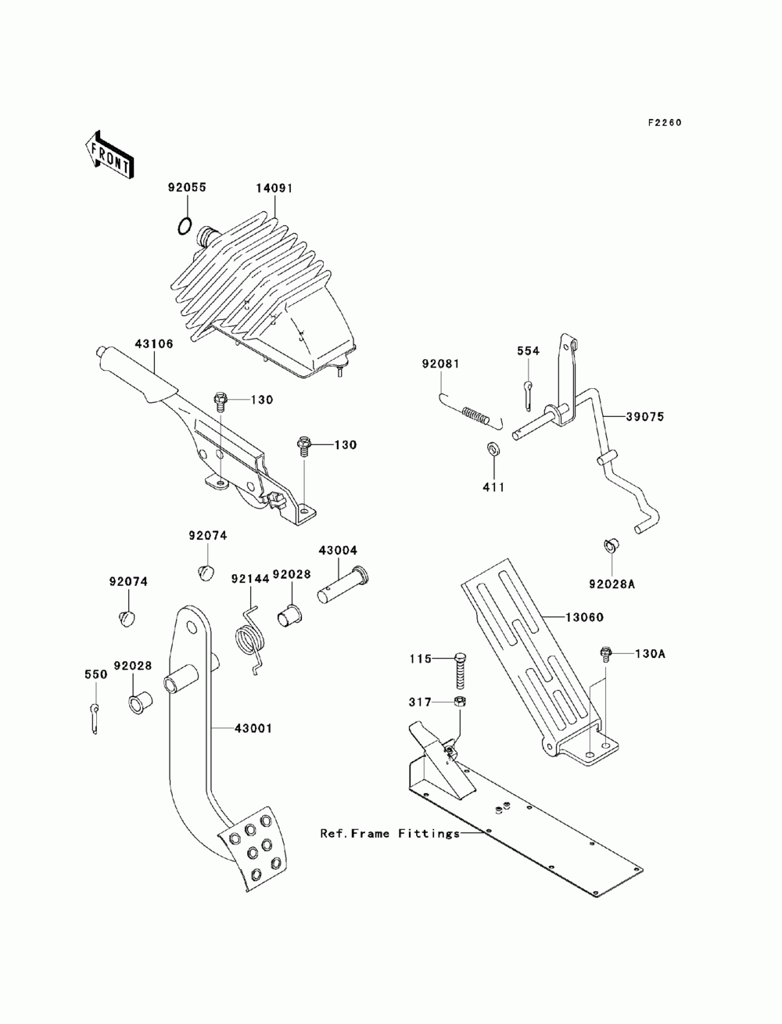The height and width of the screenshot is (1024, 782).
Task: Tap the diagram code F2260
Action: tap(664, 123)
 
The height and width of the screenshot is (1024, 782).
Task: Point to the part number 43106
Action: tap(153, 343)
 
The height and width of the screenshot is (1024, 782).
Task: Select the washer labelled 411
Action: tap(494, 450)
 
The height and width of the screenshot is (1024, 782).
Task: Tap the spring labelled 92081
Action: tap(476, 415)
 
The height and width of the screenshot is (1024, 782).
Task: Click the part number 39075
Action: tap(644, 417)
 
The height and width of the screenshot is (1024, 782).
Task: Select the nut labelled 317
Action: tap(461, 702)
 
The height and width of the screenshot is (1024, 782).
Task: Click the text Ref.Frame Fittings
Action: tap(389, 833)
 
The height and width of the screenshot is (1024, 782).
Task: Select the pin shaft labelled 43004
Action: tap(339, 584)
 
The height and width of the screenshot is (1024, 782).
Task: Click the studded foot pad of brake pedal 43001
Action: tap(252, 849)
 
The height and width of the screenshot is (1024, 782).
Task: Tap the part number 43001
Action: tap(253, 728)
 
